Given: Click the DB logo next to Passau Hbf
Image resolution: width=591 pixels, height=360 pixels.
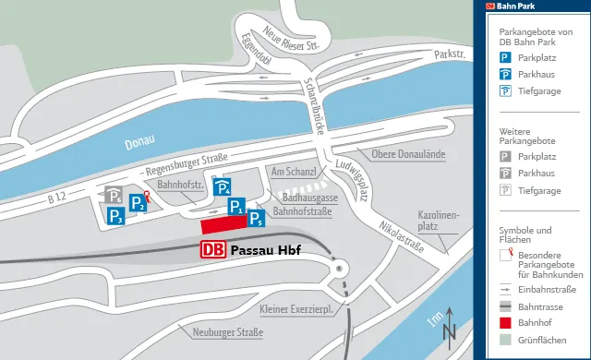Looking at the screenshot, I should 213,249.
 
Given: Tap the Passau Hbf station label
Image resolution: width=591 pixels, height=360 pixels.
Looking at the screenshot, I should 265,249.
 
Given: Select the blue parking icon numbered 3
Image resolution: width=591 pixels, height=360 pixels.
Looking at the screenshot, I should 116,216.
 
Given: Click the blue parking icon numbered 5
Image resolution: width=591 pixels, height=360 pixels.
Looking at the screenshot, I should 256,219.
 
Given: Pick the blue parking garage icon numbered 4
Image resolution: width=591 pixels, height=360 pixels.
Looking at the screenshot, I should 223,188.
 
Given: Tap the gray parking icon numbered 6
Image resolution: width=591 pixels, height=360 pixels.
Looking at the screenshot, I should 114,196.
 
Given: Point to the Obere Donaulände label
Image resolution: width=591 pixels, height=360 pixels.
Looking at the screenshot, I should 408,153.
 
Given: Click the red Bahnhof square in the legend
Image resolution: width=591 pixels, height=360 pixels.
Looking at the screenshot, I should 505,323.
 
